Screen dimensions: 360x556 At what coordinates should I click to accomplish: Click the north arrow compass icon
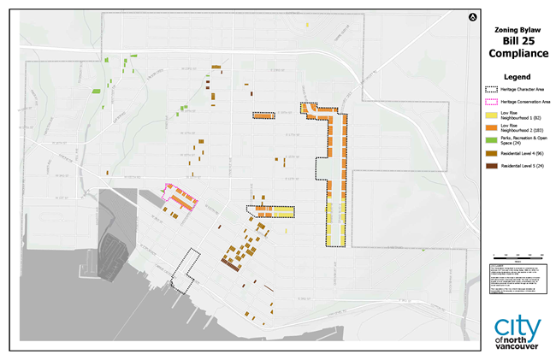coord(471,17)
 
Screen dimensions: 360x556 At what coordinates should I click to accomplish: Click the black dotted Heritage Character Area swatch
coord(492,89)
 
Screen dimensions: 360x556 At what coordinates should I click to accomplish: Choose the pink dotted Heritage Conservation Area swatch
coord(492,102)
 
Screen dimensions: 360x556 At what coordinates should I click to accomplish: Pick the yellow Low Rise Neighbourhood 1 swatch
coord(492,115)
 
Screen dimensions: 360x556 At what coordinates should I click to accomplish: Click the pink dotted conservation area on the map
coord(180,196)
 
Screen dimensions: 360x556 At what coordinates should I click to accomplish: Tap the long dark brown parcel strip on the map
coord(229,263)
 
